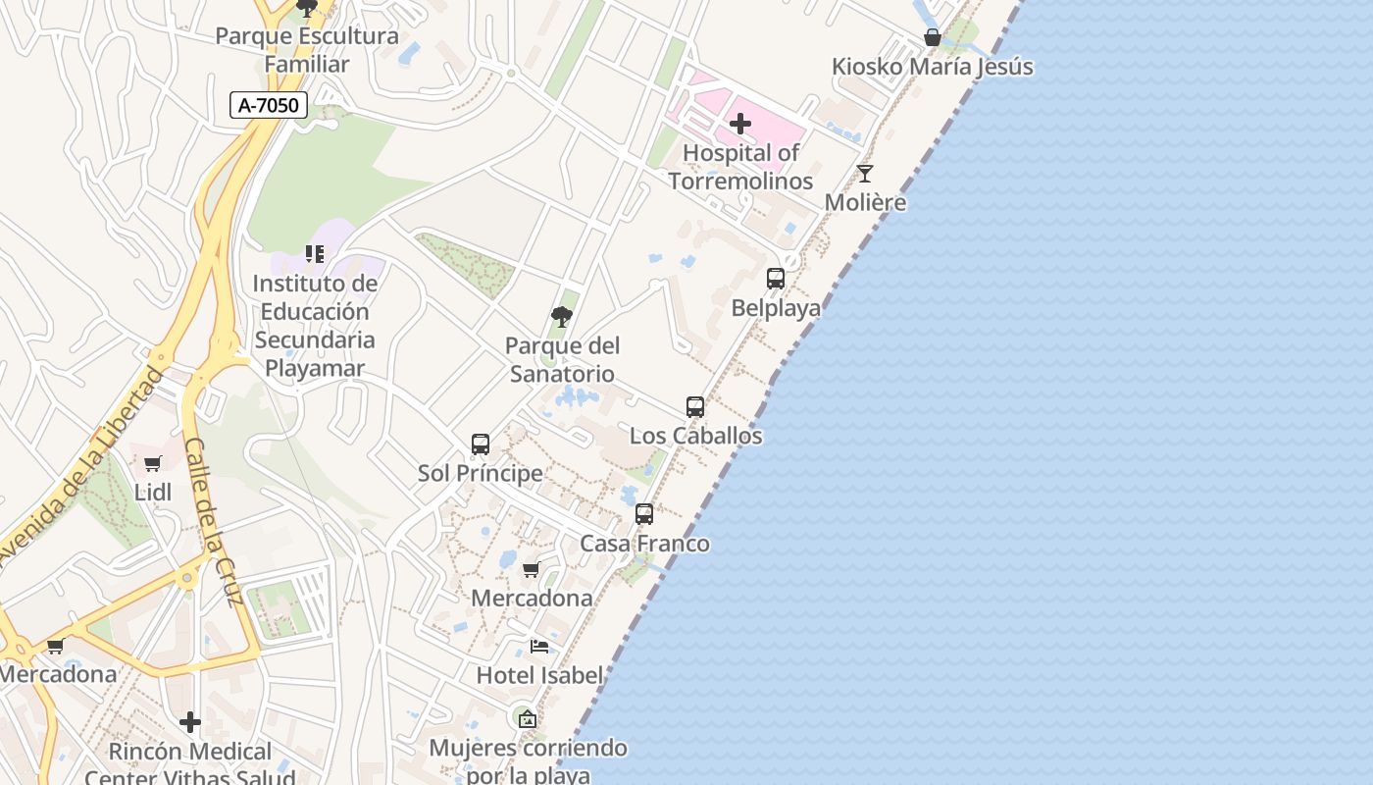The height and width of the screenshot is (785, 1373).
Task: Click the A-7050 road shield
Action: [269, 105]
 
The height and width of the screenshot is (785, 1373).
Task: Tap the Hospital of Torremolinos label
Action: [740, 167]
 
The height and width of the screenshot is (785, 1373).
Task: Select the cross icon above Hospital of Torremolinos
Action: [740, 124]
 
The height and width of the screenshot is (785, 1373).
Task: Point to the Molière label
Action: [865, 203]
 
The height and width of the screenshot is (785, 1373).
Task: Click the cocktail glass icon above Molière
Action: [864, 174]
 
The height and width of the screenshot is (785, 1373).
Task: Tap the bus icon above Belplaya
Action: [775, 279]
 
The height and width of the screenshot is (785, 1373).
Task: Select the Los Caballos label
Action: [695, 436]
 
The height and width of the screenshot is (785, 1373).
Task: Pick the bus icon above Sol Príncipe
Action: [481, 445]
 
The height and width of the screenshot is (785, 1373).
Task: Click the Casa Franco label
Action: [644, 544]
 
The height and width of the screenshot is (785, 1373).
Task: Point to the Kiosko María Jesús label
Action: [932, 67]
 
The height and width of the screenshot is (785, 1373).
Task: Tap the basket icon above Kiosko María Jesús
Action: [932, 38]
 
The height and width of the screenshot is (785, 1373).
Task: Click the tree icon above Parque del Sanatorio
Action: [562, 316]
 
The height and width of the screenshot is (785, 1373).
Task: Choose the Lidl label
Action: [153, 493]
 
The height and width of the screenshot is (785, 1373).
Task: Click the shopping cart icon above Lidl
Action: [152, 464]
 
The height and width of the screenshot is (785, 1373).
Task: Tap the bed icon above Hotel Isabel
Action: [538, 647]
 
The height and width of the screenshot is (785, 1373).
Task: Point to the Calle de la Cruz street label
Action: [213, 523]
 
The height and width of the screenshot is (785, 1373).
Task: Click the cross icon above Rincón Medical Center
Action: [190, 723]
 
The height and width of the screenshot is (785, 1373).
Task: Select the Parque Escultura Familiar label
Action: [307, 50]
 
